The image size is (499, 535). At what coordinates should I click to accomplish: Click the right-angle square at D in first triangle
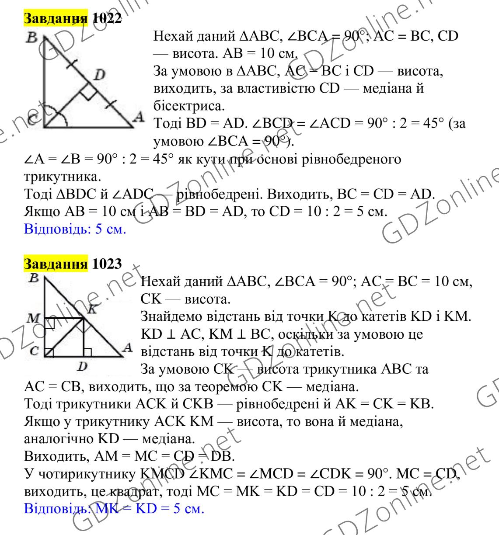tap(89, 93)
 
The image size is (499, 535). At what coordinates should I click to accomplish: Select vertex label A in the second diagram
tap(127, 347)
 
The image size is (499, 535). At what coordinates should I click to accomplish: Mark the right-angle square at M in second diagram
tap(49, 323)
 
